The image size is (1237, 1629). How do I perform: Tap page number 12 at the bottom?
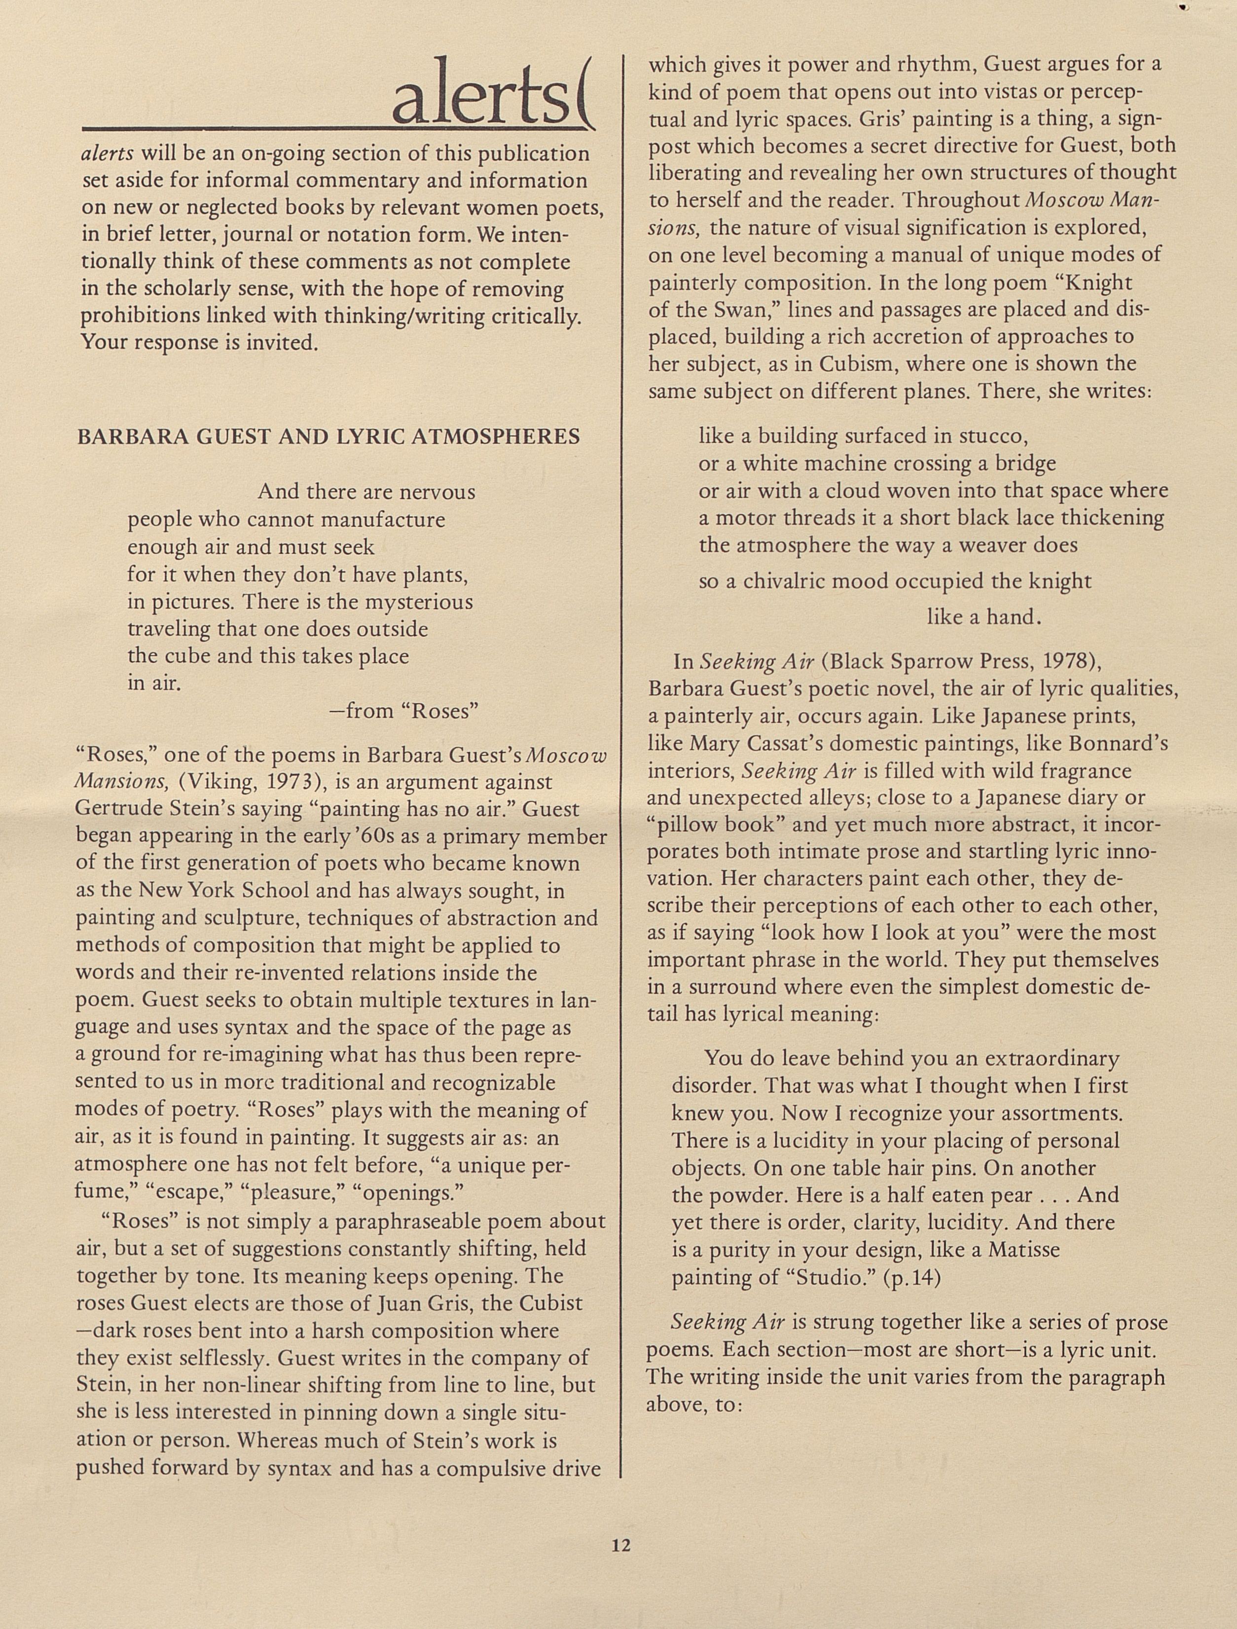(620, 1545)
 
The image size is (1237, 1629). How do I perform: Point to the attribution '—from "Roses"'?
(403, 711)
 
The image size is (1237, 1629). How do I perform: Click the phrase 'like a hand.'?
(983, 617)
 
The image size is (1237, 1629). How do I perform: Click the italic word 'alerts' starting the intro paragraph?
(107, 154)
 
